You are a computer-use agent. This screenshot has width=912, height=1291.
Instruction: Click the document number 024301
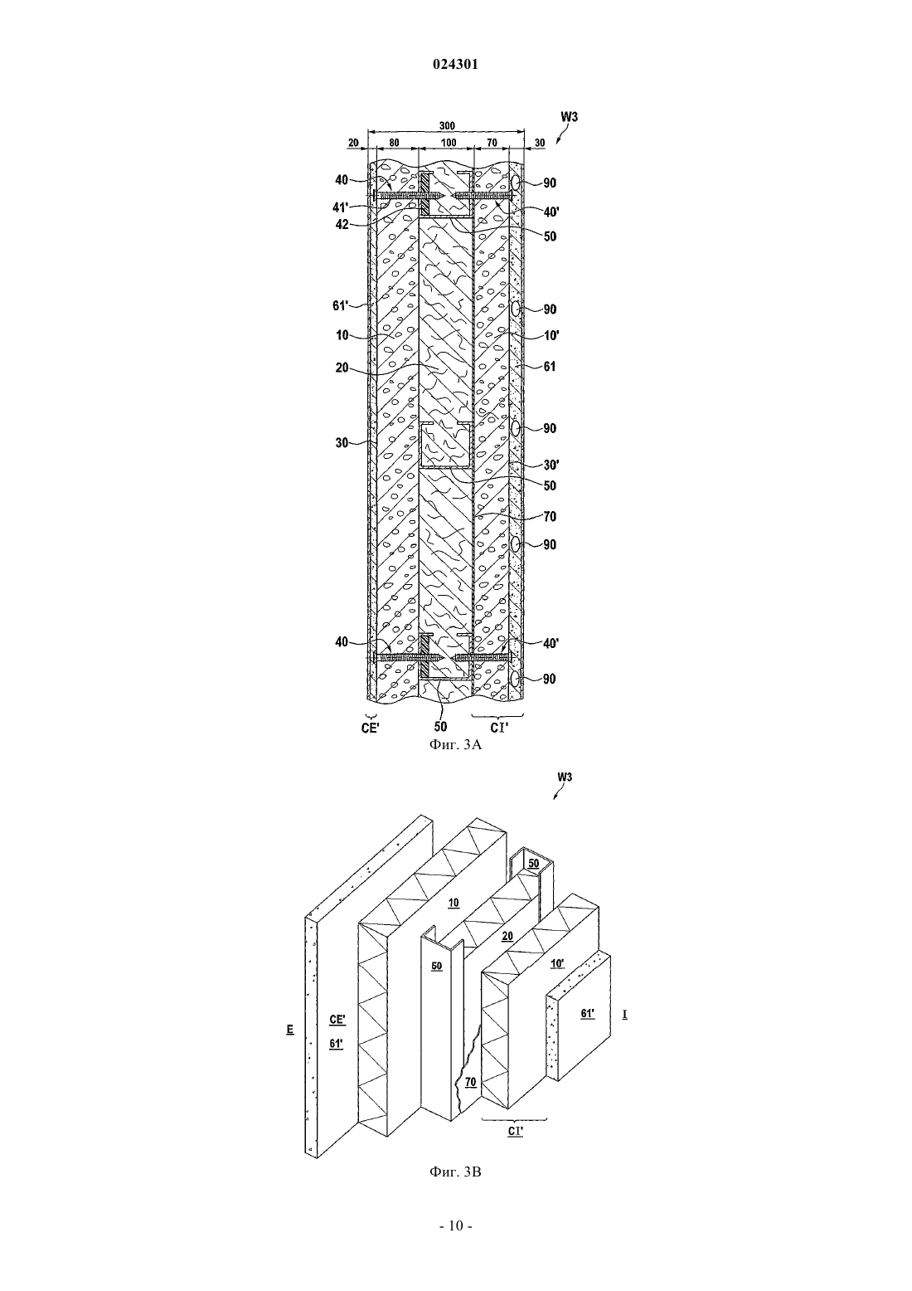click(455, 65)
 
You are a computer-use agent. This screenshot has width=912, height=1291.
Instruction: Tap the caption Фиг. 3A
click(455, 745)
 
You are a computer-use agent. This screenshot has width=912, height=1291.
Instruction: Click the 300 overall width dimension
click(447, 125)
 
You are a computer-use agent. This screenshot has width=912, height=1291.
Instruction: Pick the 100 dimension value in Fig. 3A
click(448, 143)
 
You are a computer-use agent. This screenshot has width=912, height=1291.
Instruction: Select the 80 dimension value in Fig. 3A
click(394, 143)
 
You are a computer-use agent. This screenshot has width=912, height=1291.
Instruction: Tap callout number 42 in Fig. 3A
click(342, 225)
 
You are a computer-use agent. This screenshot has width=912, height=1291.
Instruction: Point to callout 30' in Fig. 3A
click(551, 465)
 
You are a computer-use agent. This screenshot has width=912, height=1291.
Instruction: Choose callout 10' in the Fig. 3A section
click(551, 335)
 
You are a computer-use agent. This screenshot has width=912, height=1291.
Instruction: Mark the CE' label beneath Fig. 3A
click(371, 728)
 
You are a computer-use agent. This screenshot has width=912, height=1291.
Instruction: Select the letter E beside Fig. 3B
click(289, 1029)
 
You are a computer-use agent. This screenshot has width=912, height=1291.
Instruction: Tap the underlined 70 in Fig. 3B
click(470, 1083)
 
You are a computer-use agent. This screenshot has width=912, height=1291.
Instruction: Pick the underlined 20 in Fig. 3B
click(507, 936)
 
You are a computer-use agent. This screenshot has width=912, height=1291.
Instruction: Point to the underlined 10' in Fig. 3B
click(557, 962)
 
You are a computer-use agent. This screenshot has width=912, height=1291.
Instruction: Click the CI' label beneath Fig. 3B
click(516, 1132)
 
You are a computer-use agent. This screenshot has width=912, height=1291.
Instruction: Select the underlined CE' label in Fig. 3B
click(337, 1019)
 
